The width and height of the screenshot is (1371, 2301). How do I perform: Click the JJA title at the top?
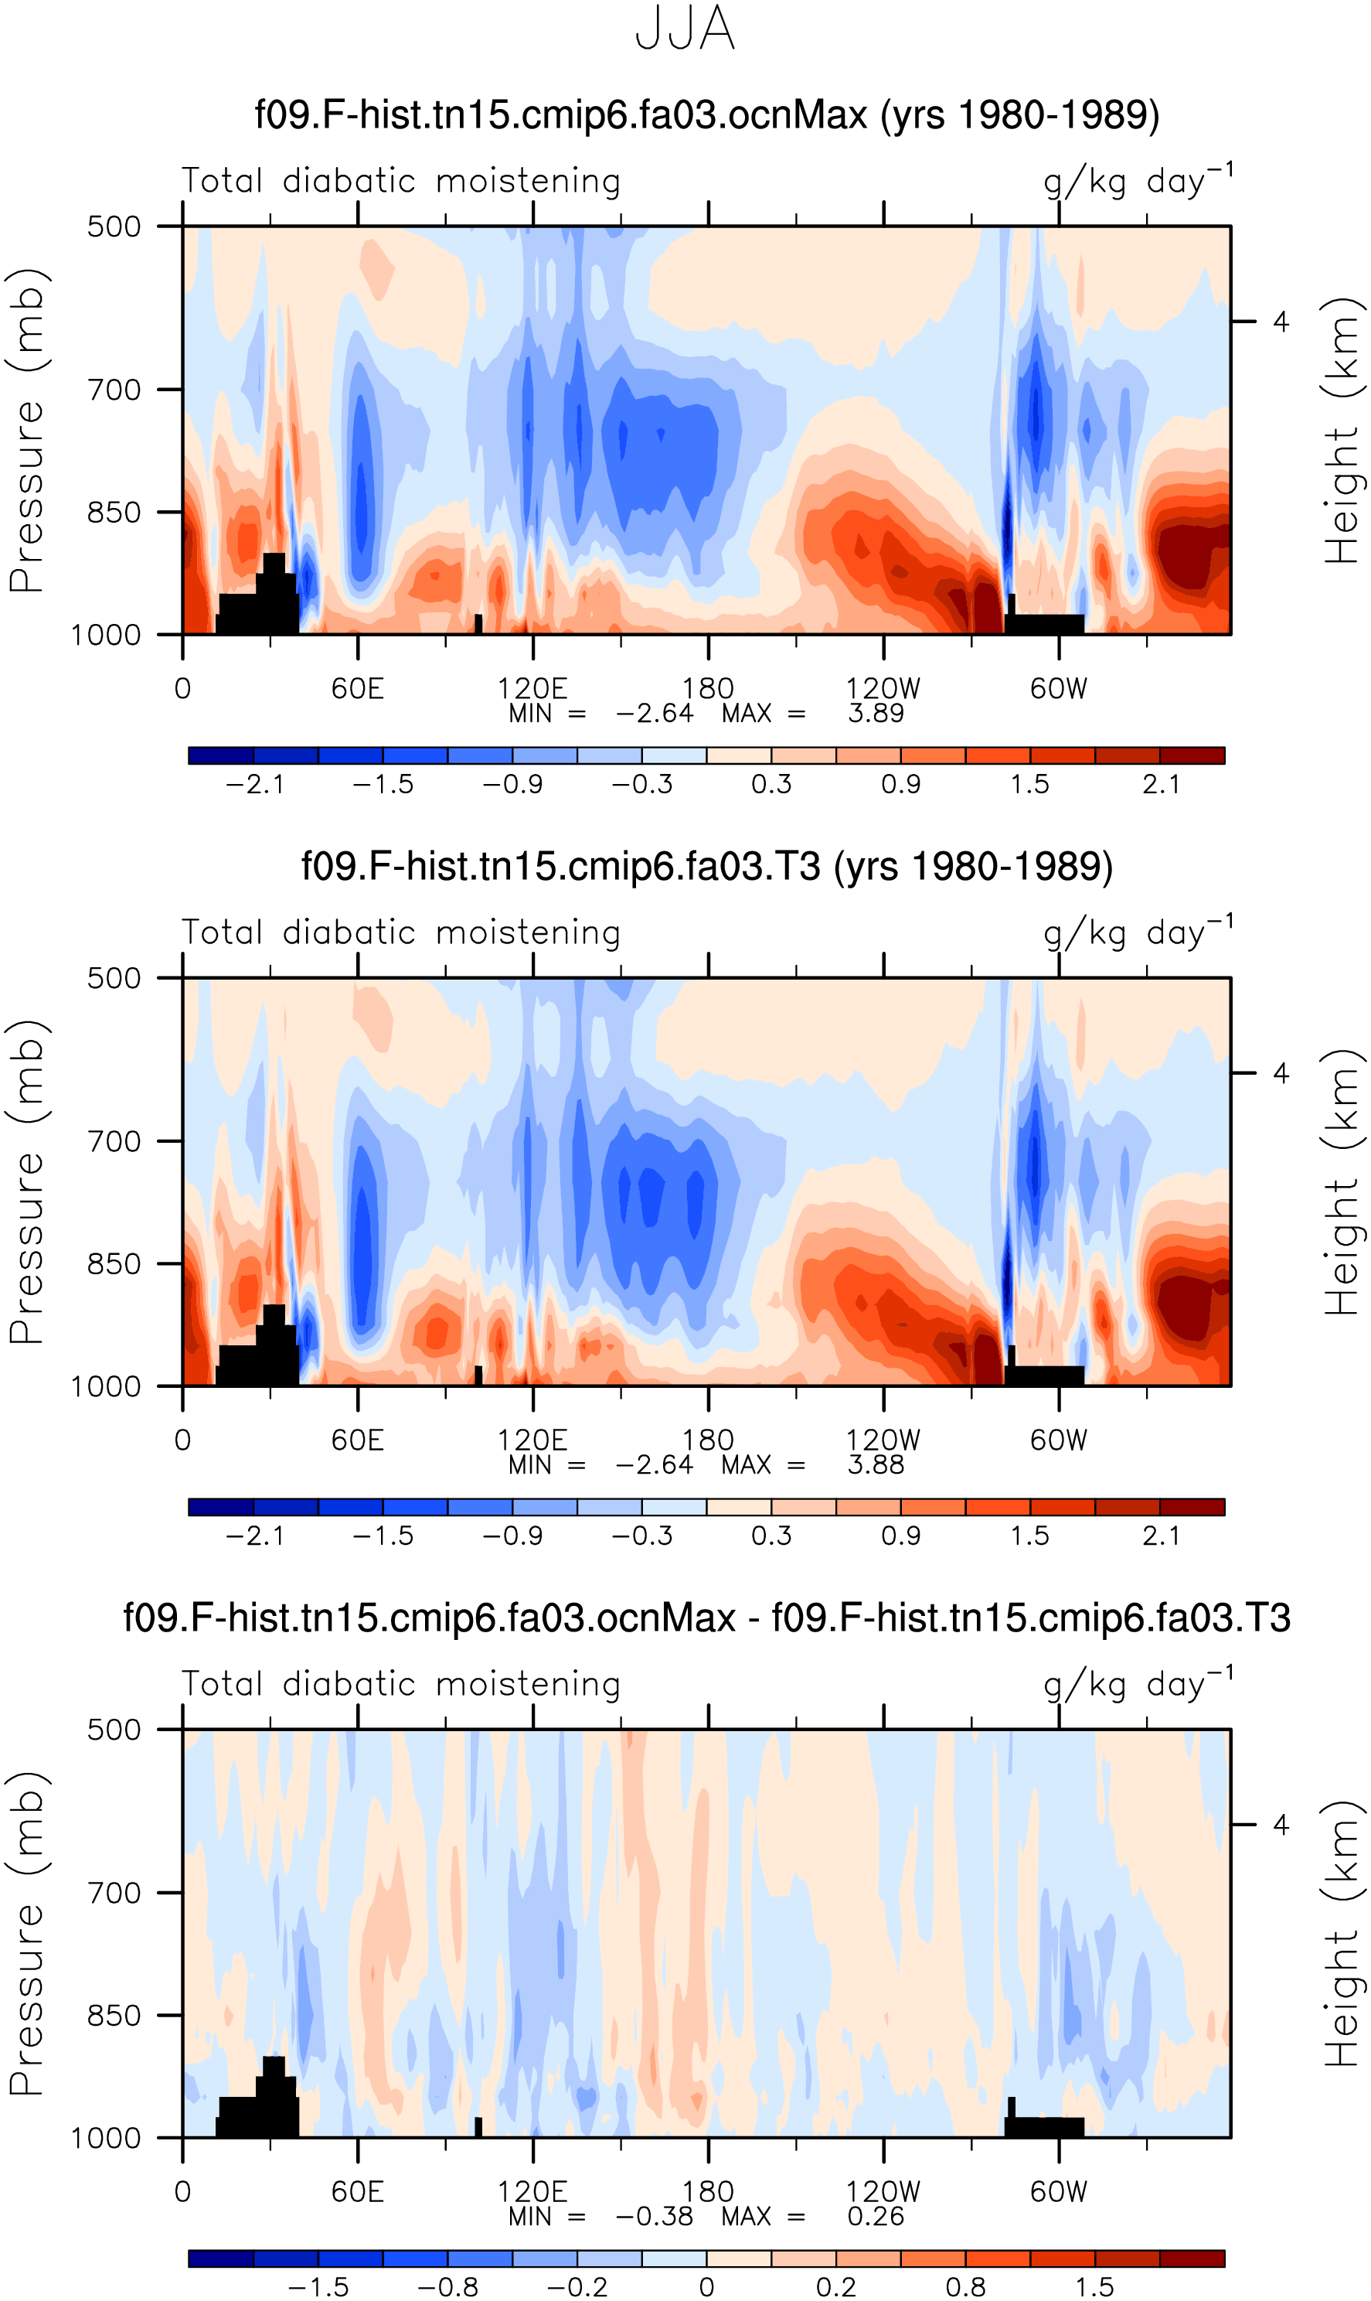click(685, 29)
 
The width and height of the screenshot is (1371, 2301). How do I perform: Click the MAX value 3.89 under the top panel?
click(876, 714)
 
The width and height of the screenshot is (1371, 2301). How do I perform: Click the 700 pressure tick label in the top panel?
click(114, 390)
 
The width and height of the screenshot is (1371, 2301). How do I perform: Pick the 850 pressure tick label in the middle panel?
click(114, 1264)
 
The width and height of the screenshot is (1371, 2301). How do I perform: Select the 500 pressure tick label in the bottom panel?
click(114, 1730)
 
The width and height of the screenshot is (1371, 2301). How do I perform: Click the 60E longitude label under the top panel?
click(358, 688)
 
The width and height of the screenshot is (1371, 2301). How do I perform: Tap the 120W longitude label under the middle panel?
click(883, 1440)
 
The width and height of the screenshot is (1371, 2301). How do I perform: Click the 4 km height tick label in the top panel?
click(1281, 322)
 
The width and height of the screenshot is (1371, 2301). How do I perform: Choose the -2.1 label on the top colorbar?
click(254, 785)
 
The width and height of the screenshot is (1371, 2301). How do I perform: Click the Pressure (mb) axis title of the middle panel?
click(27, 1182)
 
